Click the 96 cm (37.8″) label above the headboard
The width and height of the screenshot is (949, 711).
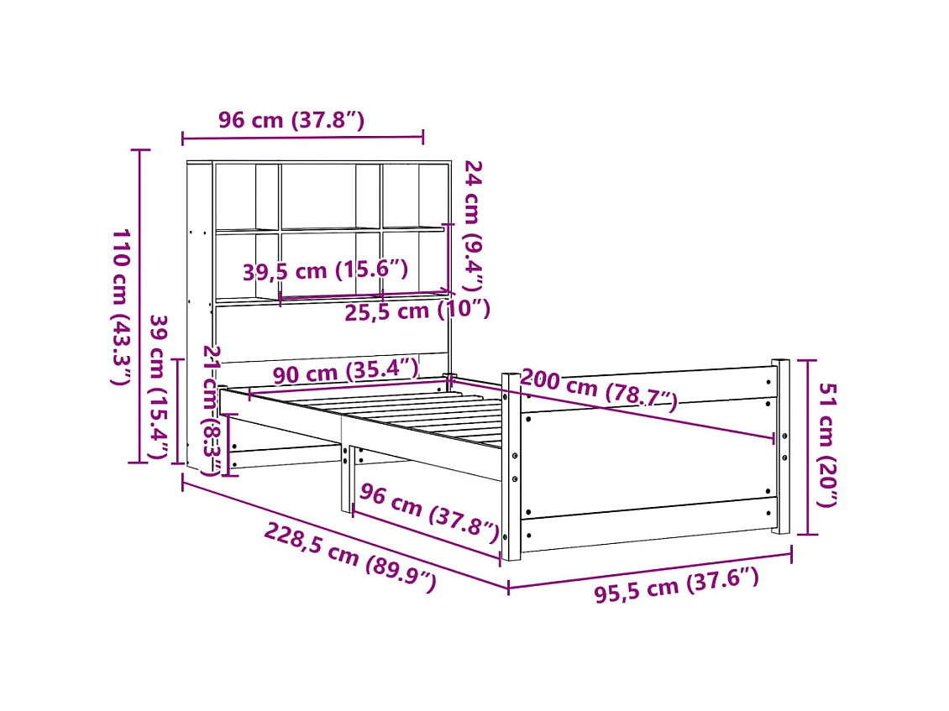pyautogui.click(x=291, y=120)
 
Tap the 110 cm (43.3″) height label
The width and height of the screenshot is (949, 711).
pyautogui.click(x=121, y=306)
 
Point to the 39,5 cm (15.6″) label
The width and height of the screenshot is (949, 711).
pyautogui.click(x=325, y=271)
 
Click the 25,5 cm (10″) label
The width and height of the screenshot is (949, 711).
pyautogui.click(x=417, y=311)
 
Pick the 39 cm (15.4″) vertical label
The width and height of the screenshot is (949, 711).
pyautogui.click(x=157, y=388)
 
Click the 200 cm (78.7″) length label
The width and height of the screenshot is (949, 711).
pyautogui.click(x=599, y=389)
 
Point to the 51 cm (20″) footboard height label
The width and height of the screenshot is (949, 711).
pyautogui.click(x=828, y=446)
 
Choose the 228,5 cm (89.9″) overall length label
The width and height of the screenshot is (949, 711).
pyautogui.click(x=350, y=557)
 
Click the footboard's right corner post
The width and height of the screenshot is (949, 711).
pyautogui.click(x=781, y=446)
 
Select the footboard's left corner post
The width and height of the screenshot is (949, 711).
pyautogui.click(x=511, y=467)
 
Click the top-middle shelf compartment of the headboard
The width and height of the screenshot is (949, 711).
pyautogui.click(x=317, y=195)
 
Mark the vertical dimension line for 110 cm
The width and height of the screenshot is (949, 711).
pyautogui.click(x=139, y=306)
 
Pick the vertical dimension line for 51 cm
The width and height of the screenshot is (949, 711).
pyautogui.click(x=808, y=446)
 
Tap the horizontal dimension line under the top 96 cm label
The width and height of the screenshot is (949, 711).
pyautogui.click(x=302, y=137)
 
